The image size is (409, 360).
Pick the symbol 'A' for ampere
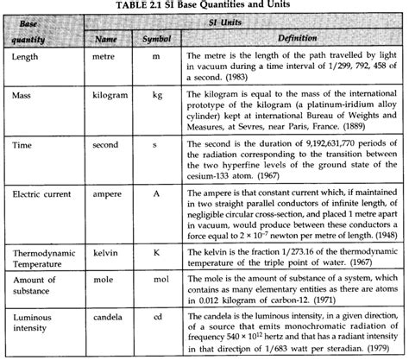click(158, 195)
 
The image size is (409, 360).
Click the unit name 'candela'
click(105, 320)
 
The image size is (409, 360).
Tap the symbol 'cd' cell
click(158, 320)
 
